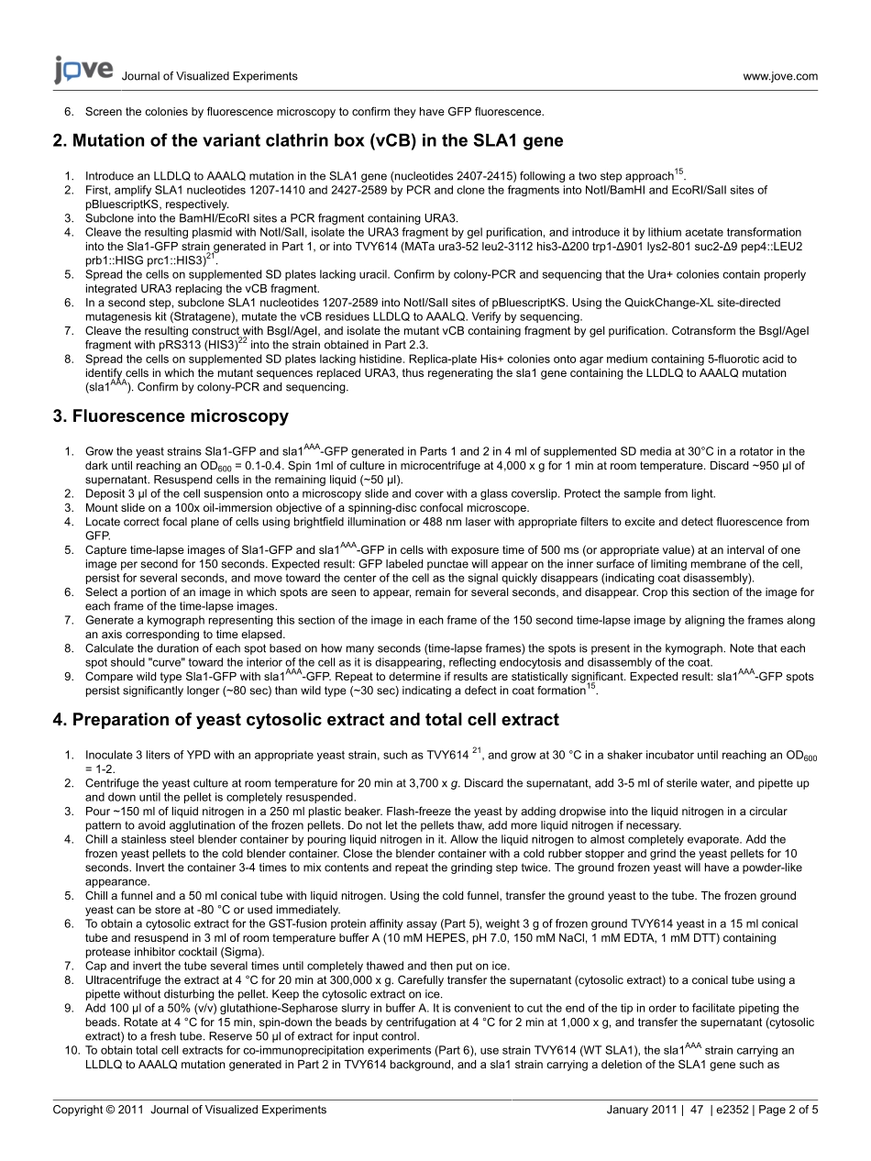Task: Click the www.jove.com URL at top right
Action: (780, 76)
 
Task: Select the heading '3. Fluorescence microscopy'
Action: (171, 416)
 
